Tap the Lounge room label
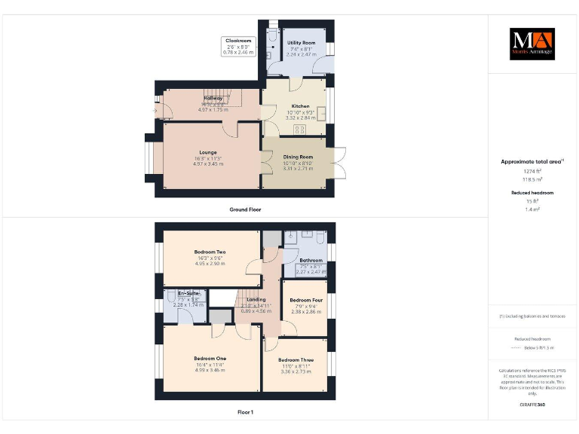(x=208, y=151)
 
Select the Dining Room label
(x=298, y=157)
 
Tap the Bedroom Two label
(x=210, y=252)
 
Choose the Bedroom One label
(x=210, y=358)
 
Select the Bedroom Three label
(x=296, y=360)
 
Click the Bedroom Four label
(x=305, y=299)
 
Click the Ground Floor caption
(x=245, y=209)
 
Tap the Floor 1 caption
(x=245, y=412)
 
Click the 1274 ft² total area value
(x=532, y=171)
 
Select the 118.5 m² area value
(x=532, y=179)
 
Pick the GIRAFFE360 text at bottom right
(x=532, y=405)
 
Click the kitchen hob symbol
(x=299, y=130)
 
